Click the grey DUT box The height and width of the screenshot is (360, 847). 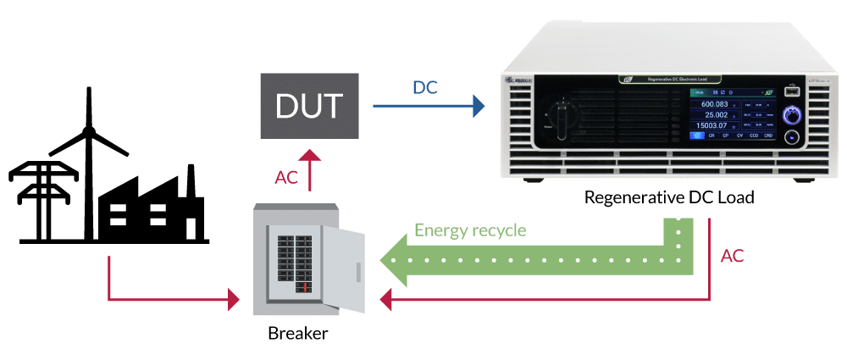click(x=308, y=105)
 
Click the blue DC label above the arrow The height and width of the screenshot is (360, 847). click(x=425, y=87)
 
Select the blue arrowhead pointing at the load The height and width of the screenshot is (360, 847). click(x=479, y=105)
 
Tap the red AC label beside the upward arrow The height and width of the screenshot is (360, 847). click(x=285, y=177)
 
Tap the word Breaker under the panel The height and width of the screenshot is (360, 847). click(x=297, y=334)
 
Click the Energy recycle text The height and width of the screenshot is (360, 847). click(x=470, y=230)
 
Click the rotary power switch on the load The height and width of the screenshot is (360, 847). click(x=560, y=112)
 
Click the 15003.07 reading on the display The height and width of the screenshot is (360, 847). click(x=712, y=126)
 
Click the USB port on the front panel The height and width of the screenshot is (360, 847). click(x=790, y=90)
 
